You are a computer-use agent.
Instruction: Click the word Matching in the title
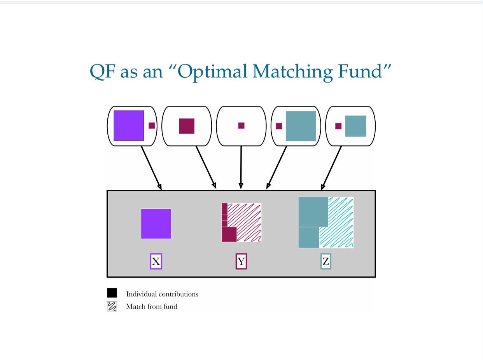click(292, 72)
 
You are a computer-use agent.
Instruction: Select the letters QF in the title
click(103, 72)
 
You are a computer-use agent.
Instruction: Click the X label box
click(156, 261)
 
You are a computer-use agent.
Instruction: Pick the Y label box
click(241, 261)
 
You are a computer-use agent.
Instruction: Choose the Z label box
click(325, 261)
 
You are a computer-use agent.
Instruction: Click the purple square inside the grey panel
click(156, 224)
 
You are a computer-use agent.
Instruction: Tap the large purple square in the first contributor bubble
click(129, 125)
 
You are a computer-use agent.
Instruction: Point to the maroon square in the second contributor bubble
click(187, 126)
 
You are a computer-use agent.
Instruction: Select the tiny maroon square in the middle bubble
click(241, 125)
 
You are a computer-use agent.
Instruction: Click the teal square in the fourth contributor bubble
click(301, 126)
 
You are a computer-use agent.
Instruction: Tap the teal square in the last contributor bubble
click(355, 126)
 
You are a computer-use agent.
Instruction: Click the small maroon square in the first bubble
click(152, 126)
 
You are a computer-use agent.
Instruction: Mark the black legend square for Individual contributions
click(112, 293)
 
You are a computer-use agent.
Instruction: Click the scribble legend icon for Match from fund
click(112, 306)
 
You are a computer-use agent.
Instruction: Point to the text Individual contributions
click(162, 294)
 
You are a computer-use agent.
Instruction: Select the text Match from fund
click(152, 306)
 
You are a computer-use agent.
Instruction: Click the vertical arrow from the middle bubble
click(241, 167)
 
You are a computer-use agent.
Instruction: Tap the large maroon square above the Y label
click(229, 234)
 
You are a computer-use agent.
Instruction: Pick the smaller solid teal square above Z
click(309, 238)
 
